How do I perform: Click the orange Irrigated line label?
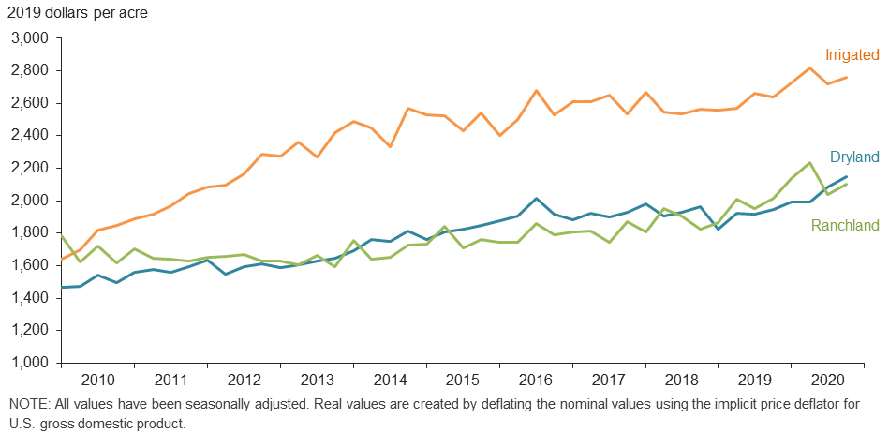coord(851,55)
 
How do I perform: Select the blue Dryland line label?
coord(852,157)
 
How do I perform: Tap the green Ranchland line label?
coord(845,226)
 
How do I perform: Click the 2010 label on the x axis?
coord(97,381)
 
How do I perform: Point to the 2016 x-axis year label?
coord(535,381)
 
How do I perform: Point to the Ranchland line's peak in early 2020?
coord(809,163)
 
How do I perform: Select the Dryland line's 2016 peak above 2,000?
coord(535,199)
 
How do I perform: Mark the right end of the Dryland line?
coord(846,177)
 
